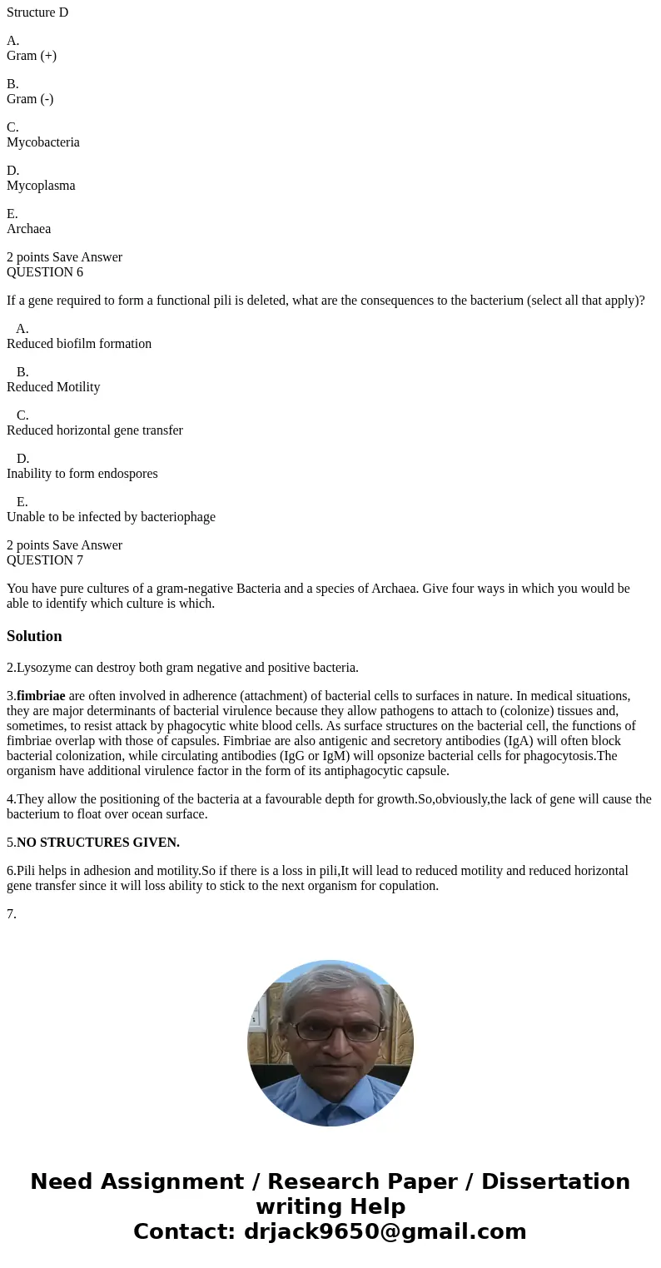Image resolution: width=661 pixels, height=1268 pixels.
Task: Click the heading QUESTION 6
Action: pyautogui.click(x=45, y=272)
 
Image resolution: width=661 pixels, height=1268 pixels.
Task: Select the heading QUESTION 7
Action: pyautogui.click(x=45, y=560)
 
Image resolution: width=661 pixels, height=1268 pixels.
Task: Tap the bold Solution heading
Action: pyautogui.click(x=34, y=636)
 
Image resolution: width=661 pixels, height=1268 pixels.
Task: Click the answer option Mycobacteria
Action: pyautogui.click(x=43, y=142)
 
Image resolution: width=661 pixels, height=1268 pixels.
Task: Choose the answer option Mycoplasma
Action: pyautogui.click(x=41, y=186)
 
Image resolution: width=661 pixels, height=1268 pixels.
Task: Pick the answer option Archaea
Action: pyautogui.click(x=29, y=229)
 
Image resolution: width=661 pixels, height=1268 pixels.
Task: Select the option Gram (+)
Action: pyautogui.click(x=32, y=56)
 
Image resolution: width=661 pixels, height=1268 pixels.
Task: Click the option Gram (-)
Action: pyautogui.click(x=30, y=99)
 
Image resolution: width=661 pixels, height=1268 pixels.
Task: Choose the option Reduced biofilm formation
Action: pyautogui.click(x=79, y=344)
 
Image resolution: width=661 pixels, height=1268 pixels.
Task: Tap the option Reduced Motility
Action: pyautogui.click(x=53, y=387)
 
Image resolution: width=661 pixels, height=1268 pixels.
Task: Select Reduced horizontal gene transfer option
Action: pyautogui.click(x=95, y=430)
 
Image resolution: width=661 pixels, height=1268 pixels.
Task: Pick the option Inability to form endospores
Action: pyautogui.click(x=82, y=474)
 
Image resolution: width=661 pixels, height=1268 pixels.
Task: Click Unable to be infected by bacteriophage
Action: pyautogui.click(x=111, y=517)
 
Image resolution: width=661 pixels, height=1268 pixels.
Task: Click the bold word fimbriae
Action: pyautogui.click(x=41, y=696)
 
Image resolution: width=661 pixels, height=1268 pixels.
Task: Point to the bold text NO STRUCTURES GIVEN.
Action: pyautogui.click(x=98, y=843)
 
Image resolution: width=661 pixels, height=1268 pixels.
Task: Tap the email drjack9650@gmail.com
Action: pyautogui.click(x=385, y=1231)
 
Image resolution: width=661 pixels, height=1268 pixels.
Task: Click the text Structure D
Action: pyautogui.click(x=37, y=12)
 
